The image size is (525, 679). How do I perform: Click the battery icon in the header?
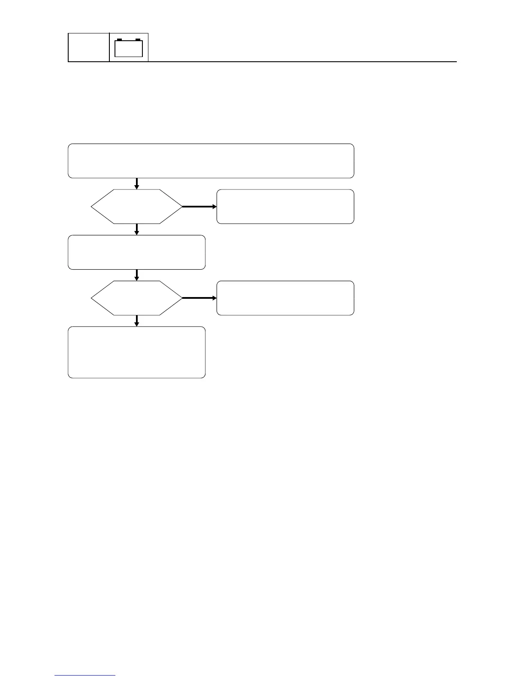[x=129, y=48]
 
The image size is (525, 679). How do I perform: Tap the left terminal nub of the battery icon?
[x=119, y=39]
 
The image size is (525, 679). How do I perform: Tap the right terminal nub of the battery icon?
[x=138, y=39]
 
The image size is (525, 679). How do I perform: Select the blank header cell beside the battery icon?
[x=89, y=47]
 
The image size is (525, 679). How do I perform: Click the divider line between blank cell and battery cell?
[x=110, y=47]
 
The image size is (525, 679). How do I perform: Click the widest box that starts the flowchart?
[x=211, y=161]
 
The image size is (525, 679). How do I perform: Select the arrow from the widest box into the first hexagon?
[x=137, y=183]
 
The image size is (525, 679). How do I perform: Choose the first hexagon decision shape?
[x=137, y=206]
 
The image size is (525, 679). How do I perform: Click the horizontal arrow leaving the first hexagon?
[x=199, y=206]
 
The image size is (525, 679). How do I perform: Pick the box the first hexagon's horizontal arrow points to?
[x=285, y=206]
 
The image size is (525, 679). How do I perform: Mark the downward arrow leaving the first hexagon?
[x=137, y=229]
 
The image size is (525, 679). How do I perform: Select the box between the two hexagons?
[x=136, y=252]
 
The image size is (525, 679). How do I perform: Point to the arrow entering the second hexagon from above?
[x=137, y=275]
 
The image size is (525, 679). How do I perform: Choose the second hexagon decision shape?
[x=137, y=298]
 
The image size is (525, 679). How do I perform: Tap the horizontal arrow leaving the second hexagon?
[x=199, y=298]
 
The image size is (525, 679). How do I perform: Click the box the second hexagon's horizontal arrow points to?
[x=285, y=298]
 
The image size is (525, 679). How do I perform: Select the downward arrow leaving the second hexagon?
[x=137, y=321]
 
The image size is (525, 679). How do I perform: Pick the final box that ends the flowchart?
[x=136, y=352]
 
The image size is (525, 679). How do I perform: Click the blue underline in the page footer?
[x=85, y=676]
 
